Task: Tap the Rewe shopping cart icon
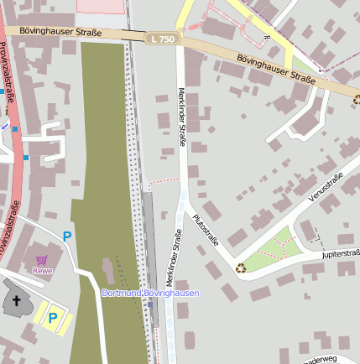point(42,261)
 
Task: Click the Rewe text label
point(42,271)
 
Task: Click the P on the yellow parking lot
point(52,318)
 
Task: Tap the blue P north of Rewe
point(67,237)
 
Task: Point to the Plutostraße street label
point(205,229)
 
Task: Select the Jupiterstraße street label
point(340,252)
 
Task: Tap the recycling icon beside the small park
point(241,268)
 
